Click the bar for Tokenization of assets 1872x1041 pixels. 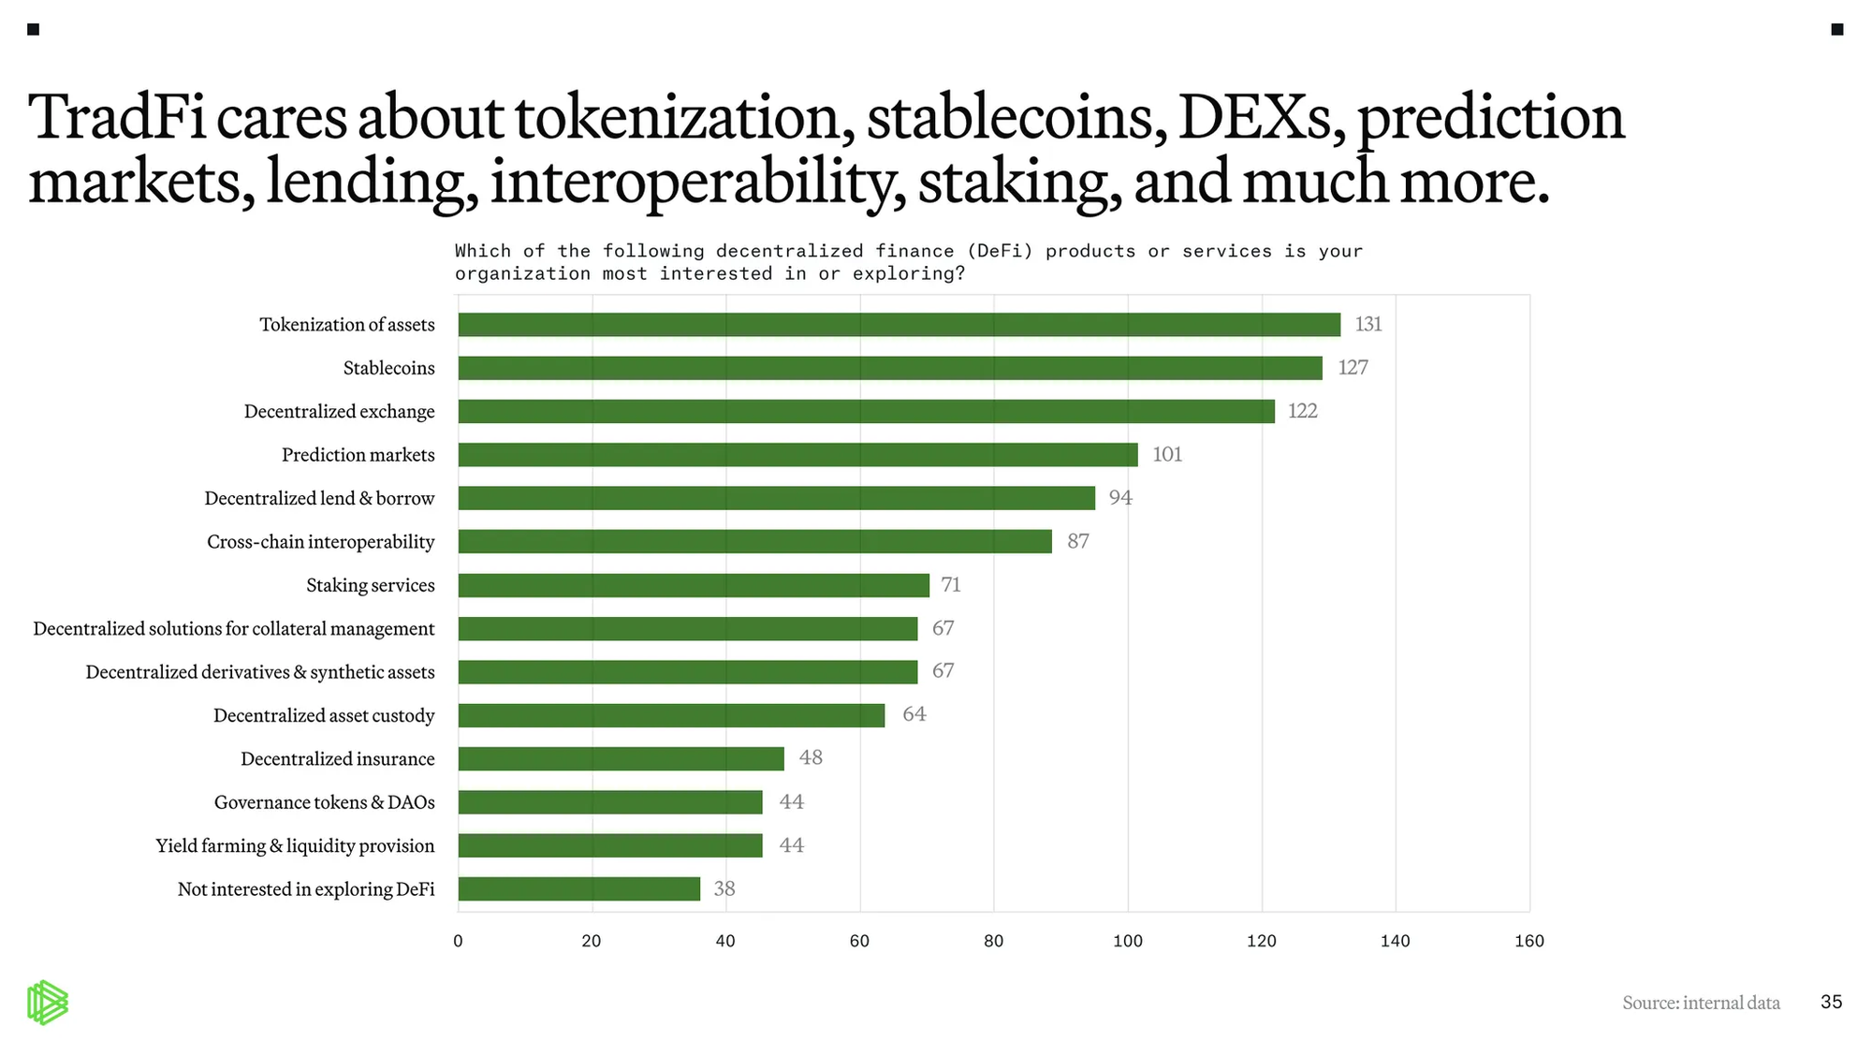(x=899, y=325)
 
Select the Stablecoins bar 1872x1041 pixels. (x=889, y=368)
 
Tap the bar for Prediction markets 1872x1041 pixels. (x=797, y=455)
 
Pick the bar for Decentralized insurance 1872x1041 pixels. (x=621, y=759)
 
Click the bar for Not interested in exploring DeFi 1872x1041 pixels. (x=578, y=889)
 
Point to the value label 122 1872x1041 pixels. (x=1302, y=411)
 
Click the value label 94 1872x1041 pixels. (x=1120, y=498)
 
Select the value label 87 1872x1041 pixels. (x=1077, y=541)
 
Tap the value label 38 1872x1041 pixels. (x=724, y=889)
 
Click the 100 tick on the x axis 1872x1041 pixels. (x=1127, y=941)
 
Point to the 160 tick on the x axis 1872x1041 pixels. (x=1528, y=941)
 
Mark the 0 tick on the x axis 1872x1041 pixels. (x=458, y=941)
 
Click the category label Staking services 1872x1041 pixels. (x=370, y=585)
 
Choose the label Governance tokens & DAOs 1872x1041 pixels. (x=324, y=802)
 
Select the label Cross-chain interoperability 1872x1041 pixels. (x=320, y=542)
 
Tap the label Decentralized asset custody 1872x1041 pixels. (x=324, y=715)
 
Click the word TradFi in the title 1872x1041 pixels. (x=117, y=118)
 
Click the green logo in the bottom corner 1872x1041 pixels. (x=47, y=1003)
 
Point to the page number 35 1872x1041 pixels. (x=1831, y=1002)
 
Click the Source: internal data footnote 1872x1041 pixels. (x=1701, y=1003)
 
